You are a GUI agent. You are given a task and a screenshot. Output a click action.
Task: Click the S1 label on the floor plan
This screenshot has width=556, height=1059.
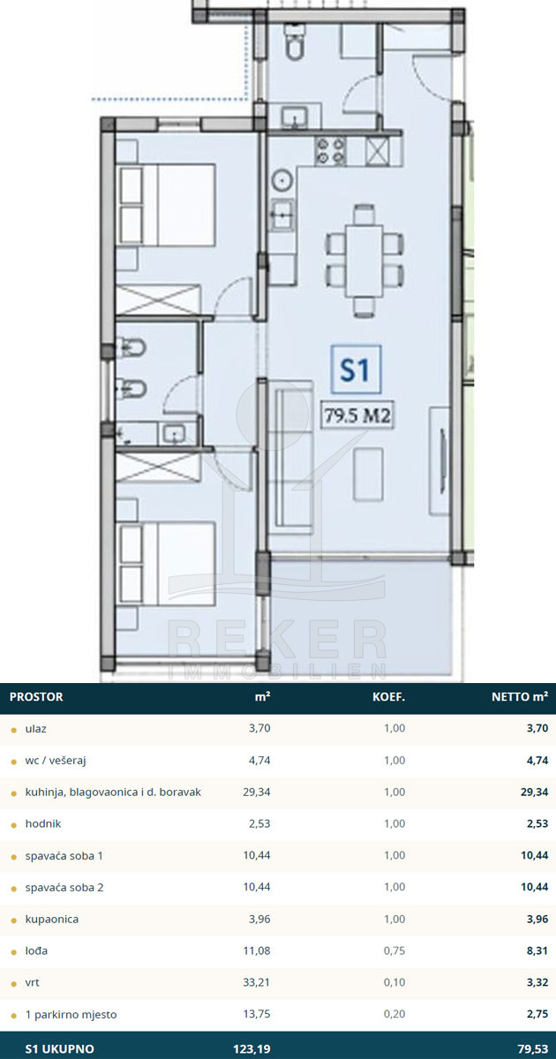tap(356, 369)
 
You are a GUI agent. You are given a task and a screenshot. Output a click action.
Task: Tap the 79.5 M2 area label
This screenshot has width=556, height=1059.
tap(357, 416)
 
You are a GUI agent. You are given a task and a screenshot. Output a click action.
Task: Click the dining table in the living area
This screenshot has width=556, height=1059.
tap(364, 261)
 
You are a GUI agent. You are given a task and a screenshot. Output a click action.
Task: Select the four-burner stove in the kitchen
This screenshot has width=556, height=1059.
tap(330, 151)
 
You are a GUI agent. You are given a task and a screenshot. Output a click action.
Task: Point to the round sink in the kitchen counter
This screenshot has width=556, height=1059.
tap(282, 181)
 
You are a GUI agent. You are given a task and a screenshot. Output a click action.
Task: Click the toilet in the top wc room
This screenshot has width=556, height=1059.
tap(296, 41)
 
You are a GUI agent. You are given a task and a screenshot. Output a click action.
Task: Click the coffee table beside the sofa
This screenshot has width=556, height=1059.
tap(368, 474)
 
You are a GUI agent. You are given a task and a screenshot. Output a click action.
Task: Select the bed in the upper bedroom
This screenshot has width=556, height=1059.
tap(166, 204)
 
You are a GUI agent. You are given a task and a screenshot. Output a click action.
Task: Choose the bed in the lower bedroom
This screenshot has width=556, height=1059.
tap(166, 563)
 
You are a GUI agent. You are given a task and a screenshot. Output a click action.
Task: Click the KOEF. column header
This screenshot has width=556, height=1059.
tap(388, 697)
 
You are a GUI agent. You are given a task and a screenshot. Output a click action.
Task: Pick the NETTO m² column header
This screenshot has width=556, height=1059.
tap(520, 696)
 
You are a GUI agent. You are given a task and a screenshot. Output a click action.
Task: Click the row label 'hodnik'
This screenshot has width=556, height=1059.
tap(43, 823)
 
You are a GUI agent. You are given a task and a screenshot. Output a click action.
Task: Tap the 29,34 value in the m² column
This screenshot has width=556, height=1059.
tap(257, 792)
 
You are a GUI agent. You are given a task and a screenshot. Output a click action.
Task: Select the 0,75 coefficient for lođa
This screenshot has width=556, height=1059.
tap(394, 950)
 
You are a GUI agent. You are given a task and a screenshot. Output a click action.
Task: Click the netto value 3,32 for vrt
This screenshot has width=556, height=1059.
tap(537, 982)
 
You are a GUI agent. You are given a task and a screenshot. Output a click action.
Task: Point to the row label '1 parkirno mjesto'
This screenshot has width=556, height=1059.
tap(71, 1015)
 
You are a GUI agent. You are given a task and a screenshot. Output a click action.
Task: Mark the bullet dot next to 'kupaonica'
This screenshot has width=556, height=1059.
tap(14, 920)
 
